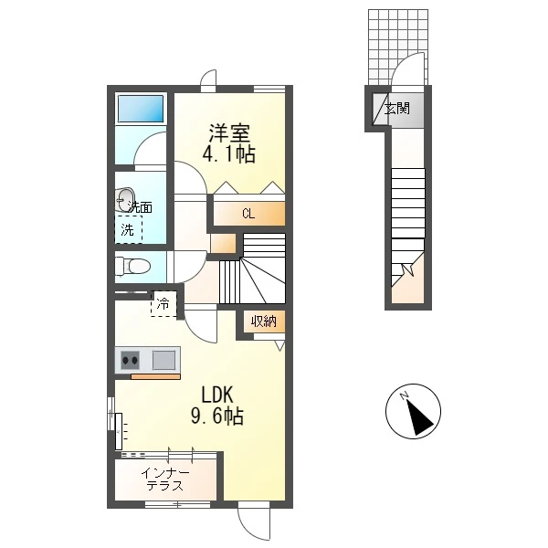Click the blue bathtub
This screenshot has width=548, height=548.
[141, 109]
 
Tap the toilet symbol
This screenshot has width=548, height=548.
[132, 267]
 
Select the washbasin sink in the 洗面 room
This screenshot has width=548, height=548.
[125, 200]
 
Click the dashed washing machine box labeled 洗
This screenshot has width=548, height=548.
[129, 229]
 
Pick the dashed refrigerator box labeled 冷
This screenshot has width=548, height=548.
[163, 304]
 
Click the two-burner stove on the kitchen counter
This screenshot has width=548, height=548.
[130, 360]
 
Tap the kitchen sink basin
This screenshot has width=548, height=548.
[163, 360]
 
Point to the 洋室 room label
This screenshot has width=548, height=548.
[229, 133]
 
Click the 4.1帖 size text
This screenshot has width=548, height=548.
[229, 153]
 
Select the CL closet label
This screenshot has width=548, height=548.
[248, 214]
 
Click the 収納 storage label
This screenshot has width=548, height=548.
[264, 321]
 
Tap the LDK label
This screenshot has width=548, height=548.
[216, 395]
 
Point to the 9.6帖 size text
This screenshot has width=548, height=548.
[217, 416]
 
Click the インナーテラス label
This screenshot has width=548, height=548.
[165, 479]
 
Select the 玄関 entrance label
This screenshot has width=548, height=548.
[397, 109]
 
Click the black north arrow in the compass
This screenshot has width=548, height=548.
[419, 417]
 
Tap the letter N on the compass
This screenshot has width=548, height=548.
[405, 395]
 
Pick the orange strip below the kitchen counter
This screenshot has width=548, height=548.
[155, 376]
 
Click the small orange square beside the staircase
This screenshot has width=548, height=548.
[224, 243]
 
